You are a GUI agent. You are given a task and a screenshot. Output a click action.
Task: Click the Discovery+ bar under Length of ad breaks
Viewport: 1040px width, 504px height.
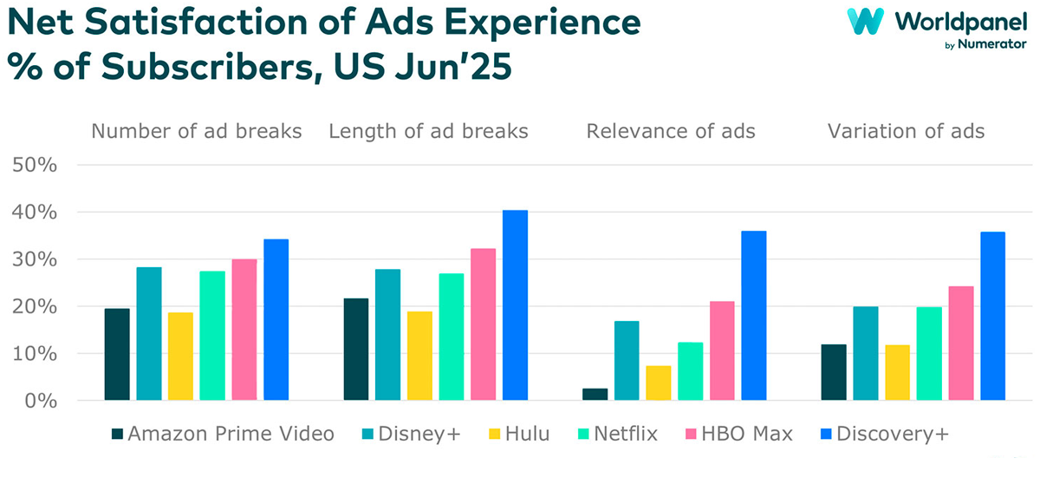pos(515,305)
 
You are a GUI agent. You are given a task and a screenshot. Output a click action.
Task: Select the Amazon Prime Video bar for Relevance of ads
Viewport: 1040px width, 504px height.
pos(595,395)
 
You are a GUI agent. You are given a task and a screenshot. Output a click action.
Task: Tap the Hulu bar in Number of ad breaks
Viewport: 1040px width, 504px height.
pos(180,357)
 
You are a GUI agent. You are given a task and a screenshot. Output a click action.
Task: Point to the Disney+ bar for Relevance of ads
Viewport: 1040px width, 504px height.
pos(627,361)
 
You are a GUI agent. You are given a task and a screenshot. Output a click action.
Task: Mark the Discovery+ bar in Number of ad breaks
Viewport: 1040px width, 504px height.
pos(276,319)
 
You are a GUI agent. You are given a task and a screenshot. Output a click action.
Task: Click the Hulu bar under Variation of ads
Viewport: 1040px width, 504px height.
pos(898,373)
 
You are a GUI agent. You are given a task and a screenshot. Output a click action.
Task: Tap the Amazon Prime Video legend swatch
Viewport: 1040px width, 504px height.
pos(118,434)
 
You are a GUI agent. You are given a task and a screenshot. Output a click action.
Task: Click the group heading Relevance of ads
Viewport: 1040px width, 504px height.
pos(671,132)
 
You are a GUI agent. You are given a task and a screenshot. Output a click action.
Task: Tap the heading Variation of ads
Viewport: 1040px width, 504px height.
pos(906,132)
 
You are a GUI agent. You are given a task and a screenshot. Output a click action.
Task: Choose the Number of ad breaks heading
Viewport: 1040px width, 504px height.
pos(197,132)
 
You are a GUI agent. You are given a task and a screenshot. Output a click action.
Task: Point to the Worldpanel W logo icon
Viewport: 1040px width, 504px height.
pos(865,21)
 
